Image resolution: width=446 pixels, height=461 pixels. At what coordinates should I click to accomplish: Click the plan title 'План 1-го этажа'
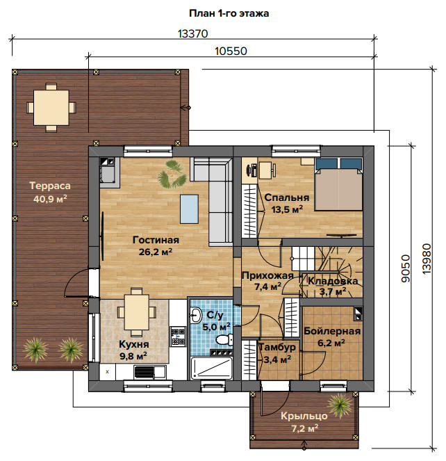(x=229, y=13)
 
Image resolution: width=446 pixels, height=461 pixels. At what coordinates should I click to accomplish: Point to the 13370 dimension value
(x=192, y=34)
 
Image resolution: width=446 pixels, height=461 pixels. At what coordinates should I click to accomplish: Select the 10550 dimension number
(x=231, y=51)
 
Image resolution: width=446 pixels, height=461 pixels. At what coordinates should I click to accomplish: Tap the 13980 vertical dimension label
(x=427, y=259)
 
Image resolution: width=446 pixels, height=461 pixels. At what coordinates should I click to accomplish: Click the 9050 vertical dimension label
(x=406, y=268)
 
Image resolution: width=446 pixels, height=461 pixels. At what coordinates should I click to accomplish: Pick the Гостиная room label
(x=156, y=240)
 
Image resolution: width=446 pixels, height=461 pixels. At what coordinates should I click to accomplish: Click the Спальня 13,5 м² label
(x=287, y=203)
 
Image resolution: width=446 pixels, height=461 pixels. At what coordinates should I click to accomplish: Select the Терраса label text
(x=50, y=186)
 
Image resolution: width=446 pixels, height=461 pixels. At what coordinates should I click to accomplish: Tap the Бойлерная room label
(x=332, y=331)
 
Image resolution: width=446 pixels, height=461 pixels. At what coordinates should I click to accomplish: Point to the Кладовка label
(x=333, y=281)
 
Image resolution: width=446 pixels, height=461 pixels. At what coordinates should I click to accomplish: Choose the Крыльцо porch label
(x=304, y=416)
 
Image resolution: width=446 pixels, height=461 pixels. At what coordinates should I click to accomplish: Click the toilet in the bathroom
(x=224, y=339)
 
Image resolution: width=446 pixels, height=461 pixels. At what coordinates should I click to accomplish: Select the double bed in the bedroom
(x=338, y=184)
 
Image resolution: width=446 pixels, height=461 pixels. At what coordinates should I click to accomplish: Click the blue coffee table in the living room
(x=189, y=209)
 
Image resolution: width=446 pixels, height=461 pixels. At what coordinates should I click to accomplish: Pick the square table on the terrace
(x=51, y=108)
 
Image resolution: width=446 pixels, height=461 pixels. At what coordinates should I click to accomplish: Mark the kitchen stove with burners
(x=179, y=337)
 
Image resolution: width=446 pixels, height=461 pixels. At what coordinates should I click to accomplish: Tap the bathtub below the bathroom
(x=212, y=368)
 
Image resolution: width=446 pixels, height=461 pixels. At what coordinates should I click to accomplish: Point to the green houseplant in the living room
(x=172, y=174)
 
